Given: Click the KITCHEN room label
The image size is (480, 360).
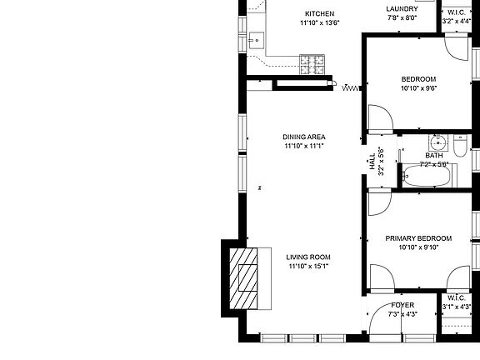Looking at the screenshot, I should point(319,13).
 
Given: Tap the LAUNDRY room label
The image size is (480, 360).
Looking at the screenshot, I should point(402,8).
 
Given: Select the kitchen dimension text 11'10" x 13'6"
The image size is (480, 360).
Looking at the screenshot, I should point(319,23).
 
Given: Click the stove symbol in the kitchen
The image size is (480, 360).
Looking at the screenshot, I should point(313,62).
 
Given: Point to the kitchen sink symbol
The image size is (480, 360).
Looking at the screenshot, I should point(256,38).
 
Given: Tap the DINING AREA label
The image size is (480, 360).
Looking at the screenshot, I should point(303,137).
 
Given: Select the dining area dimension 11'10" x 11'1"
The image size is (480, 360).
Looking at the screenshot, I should point(303,147).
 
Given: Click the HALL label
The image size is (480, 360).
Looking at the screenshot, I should point(372,162).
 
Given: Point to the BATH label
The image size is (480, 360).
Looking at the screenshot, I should point(434,155).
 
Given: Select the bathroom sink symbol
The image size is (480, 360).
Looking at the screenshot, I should point(437,141).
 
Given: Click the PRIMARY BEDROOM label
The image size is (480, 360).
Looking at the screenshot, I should point(418,238).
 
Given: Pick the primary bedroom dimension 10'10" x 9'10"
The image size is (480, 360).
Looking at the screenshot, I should point(418,247).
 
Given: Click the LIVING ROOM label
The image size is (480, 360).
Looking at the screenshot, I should point(308,257).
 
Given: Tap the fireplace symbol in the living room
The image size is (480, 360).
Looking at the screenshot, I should point(247,277).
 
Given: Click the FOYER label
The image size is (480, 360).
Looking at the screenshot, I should point(402,305).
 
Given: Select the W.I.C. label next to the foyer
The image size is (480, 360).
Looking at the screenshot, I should point(456,297).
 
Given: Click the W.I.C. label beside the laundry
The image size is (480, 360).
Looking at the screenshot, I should point(457,12).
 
